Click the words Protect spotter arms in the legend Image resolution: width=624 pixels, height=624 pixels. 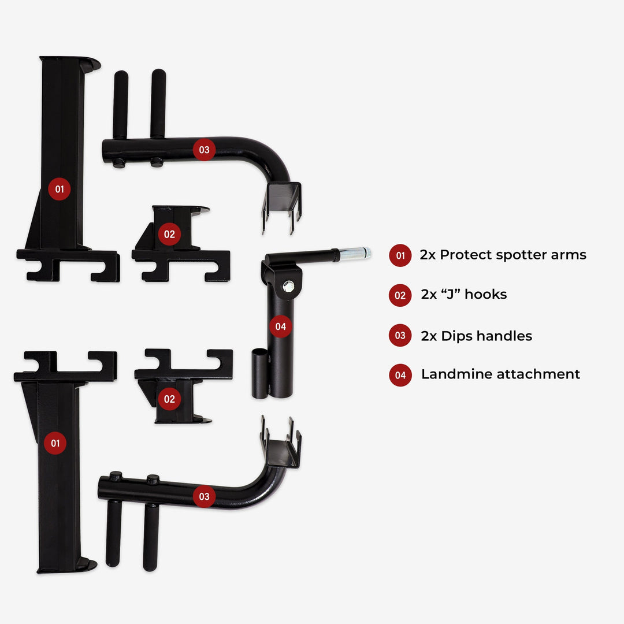click(513, 255)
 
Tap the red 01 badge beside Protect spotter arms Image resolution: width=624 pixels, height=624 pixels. click(400, 255)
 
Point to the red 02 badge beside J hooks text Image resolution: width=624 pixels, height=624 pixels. click(400, 296)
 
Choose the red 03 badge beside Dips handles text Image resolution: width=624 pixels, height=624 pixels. click(400, 336)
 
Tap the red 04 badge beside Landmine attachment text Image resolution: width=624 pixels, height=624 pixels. click(400, 375)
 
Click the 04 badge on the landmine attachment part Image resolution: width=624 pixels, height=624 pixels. click(280, 326)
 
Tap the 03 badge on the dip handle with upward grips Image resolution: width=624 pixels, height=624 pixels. click(204, 150)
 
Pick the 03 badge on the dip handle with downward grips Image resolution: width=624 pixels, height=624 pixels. click(204, 496)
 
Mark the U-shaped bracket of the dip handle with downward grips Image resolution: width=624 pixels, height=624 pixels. click(281, 448)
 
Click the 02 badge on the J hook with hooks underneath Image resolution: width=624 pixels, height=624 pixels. click(169, 234)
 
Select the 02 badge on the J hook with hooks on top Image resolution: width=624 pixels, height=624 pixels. click(169, 399)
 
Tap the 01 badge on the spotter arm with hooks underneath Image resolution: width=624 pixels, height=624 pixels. click(59, 188)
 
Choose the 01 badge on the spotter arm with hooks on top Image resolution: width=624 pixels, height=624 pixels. click(55, 443)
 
